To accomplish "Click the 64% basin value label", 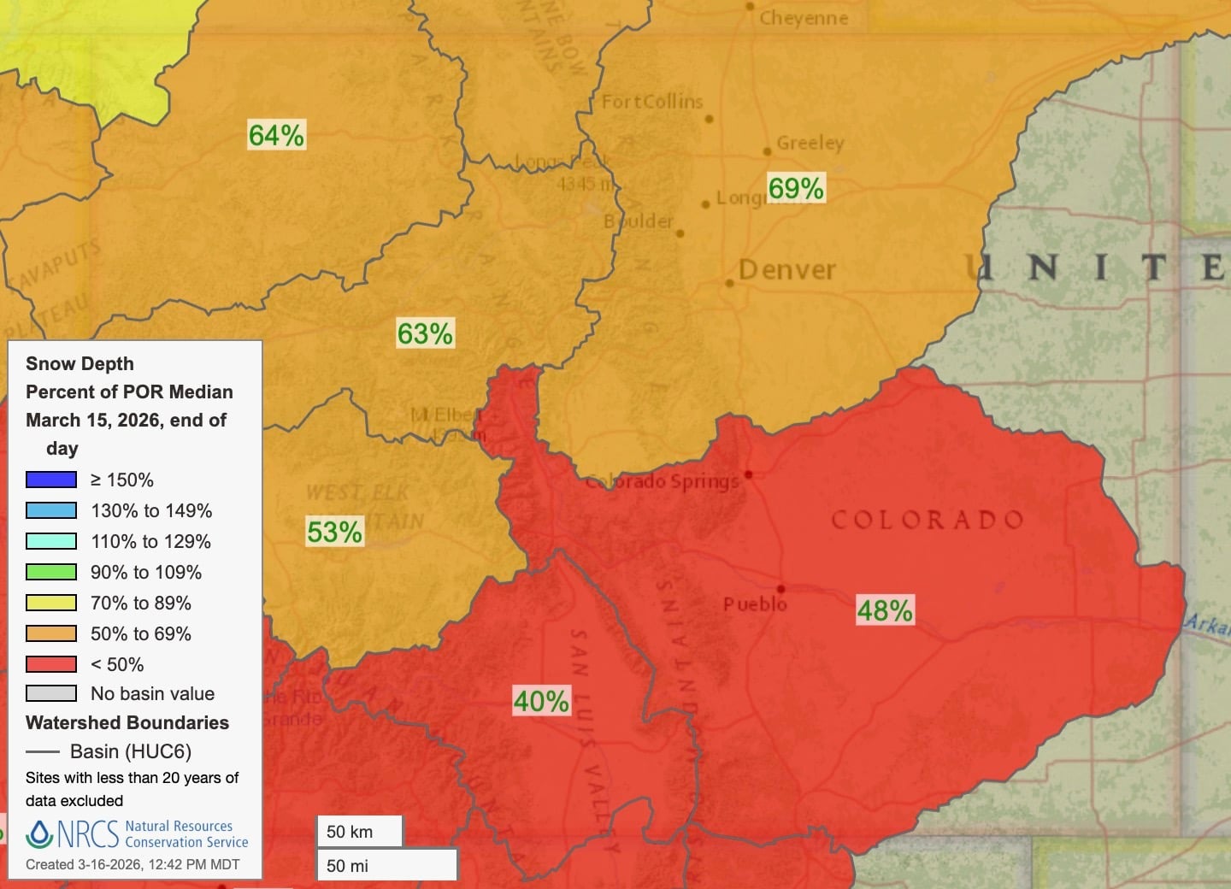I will pos(276,135).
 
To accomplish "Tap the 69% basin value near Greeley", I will pos(796,188).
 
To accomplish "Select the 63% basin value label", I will pos(425,333).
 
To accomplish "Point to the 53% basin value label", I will pos(335,532).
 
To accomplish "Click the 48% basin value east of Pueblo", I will pos(885,610).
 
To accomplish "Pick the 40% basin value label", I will pos(541,701).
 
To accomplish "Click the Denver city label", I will pos(786,270).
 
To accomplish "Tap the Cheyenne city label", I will pos(804,18).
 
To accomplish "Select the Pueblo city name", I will pos(755,604).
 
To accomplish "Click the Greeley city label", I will pos(810,143).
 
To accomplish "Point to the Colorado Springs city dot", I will pos(749,474).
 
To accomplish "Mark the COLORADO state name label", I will pos(928,520).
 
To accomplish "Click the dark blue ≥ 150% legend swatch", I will pos(51,480).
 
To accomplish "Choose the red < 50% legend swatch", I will pos(51,664).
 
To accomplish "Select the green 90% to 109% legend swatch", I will pos(51,572).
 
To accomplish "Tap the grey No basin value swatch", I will pos(51,693).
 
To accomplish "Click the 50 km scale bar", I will pos(359,832).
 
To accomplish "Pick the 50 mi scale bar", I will pos(386,865).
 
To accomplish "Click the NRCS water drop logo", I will pos(39,833).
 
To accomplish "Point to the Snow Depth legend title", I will pos(80,363).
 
